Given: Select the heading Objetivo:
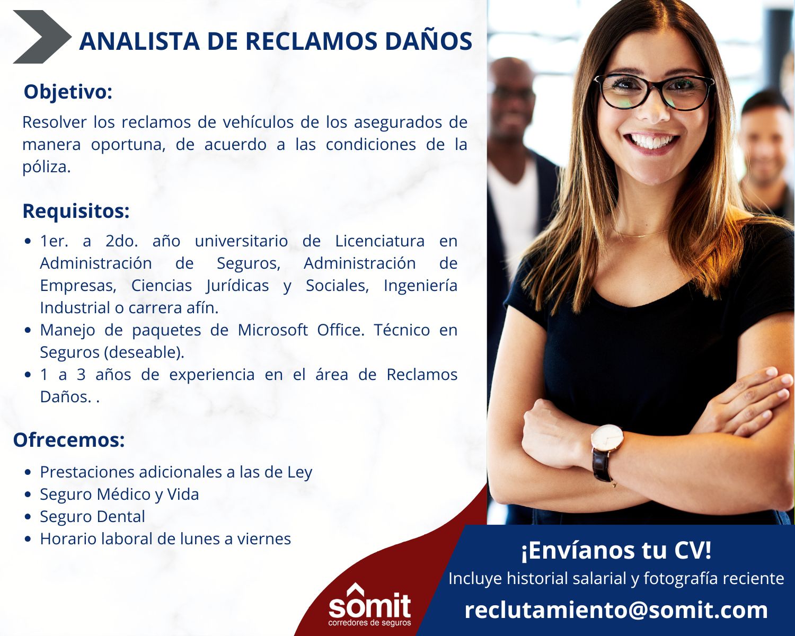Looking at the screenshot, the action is pos(68,92).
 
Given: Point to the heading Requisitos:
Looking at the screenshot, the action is pos(76,211).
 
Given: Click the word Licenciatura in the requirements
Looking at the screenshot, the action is pos(380,241).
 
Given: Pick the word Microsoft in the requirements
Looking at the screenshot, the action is pos(272,330).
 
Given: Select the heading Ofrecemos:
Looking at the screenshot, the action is pos(69,440).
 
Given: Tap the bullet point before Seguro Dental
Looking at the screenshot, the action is pos(28,517).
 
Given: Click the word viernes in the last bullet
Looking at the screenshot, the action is pos(264,539).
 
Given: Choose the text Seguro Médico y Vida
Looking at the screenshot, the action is pos(119,494).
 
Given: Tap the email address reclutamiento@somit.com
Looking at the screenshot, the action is pos(616,610).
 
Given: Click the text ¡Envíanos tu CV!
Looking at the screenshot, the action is pos(616,550).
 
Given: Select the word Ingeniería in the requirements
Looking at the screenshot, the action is pos(420,286).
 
